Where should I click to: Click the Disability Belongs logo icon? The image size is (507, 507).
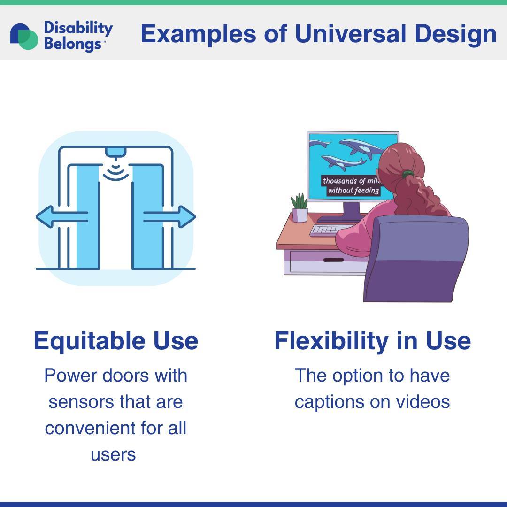(24, 36)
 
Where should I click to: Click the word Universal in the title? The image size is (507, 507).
(351, 34)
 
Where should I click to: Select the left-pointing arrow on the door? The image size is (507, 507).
(62, 216)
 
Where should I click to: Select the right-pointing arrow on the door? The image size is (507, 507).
(169, 216)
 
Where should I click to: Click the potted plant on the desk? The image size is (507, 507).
(300, 208)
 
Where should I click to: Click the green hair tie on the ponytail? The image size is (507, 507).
(408, 175)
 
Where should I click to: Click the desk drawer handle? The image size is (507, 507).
(333, 260)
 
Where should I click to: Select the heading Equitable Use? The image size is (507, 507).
(116, 341)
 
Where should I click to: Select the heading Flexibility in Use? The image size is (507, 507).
(372, 341)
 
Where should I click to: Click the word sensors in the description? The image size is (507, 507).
(81, 402)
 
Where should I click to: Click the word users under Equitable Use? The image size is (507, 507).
(113, 454)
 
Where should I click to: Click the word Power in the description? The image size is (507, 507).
(70, 376)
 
